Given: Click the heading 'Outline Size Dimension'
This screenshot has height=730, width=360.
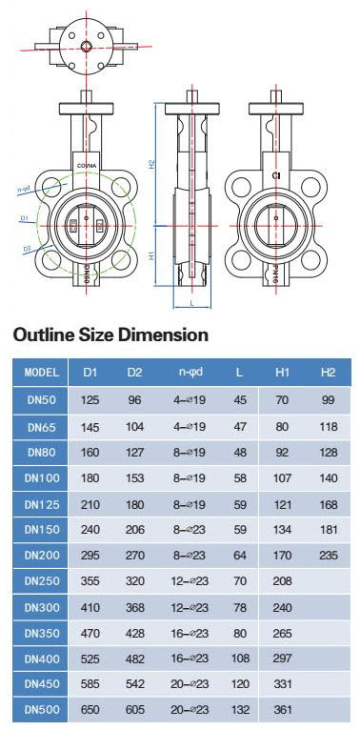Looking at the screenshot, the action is tap(110, 335).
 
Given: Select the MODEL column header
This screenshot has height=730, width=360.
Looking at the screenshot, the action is tap(42, 373).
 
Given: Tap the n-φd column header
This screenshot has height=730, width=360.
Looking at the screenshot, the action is tap(190, 373).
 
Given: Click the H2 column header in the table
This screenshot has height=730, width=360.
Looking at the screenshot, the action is tap(328, 373).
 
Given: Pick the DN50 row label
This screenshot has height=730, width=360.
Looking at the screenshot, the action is tap(42, 400).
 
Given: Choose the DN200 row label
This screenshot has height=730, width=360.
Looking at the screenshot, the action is tap(42, 555).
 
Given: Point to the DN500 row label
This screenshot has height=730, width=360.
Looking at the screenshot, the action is tap(42, 710).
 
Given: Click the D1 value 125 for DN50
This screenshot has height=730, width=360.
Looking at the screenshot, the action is tap(90, 400).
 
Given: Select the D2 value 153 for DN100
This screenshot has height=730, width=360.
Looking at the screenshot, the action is tap(135, 478).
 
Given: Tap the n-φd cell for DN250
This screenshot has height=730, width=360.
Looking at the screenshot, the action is tap(190, 581).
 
